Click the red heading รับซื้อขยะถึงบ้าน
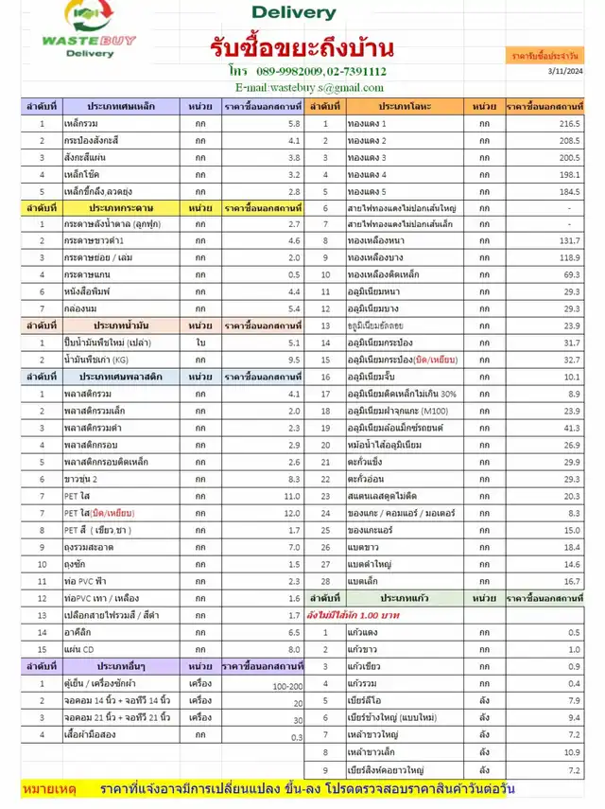tap(302, 47)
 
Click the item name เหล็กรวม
tap(82, 124)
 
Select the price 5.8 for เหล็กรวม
tap(294, 124)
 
